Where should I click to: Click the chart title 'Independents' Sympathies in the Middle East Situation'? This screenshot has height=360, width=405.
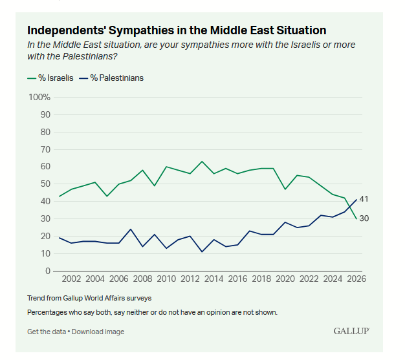[176, 30]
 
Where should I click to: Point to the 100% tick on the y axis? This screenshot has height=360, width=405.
[39, 97]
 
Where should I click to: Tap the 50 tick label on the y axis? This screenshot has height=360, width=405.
[45, 184]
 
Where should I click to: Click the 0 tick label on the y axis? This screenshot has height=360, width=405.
[48, 271]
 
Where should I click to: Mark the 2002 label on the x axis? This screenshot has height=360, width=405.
[71, 280]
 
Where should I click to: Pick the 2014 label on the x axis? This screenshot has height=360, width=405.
[213, 280]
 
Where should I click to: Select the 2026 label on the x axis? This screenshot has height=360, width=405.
[356, 280]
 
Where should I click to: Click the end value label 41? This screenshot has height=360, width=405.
[364, 199]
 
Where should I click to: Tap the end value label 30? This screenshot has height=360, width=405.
[364, 218]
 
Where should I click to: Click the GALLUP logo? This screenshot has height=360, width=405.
[351, 331]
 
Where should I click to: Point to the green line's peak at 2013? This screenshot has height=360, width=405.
[202, 162]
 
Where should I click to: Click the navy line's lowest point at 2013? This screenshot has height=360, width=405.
[202, 251]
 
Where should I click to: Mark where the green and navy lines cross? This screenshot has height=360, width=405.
[350, 208]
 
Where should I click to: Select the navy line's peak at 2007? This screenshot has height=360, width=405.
[131, 229]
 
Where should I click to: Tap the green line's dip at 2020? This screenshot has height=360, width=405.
[285, 189]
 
